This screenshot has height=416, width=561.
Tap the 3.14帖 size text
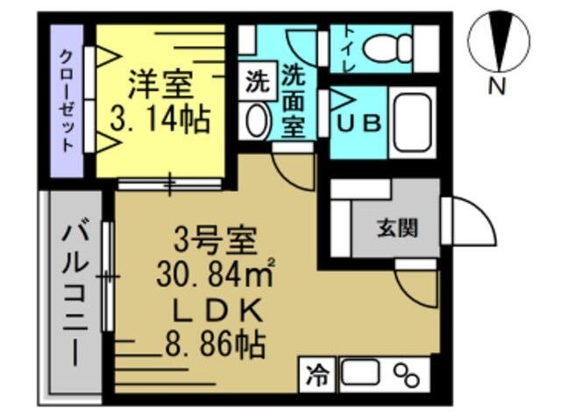[160, 119]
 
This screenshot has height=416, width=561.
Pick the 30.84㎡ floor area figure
[214, 276]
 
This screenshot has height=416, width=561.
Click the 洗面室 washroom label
[294, 100]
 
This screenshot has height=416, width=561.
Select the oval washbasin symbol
[256, 121]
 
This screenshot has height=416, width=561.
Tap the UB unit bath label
[359, 123]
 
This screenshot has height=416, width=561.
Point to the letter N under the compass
[497, 86]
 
